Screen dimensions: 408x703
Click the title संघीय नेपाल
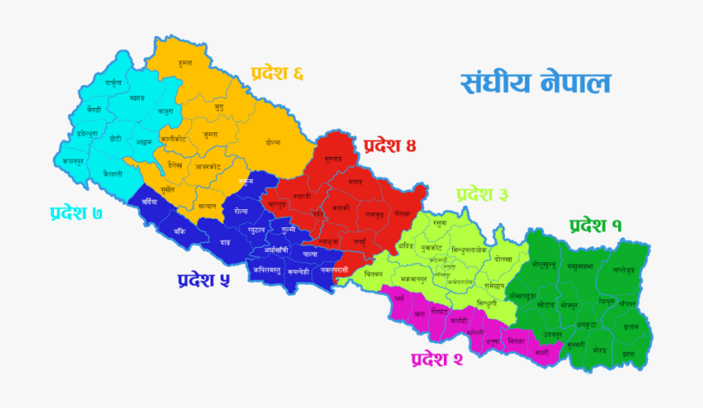pyautogui.click(x=535, y=83)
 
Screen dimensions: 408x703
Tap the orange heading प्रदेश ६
pyautogui.click(x=277, y=74)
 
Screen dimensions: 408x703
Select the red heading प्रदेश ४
pyautogui.click(x=390, y=146)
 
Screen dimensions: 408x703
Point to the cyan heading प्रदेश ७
pyautogui.click(x=75, y=213)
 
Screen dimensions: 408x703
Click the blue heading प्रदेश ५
pyautogui.click(x=203, y=280)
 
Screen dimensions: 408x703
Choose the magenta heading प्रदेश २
pyautogui.click(x=437, y=359)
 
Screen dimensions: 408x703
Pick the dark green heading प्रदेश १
pyautogui.click(x=595, y=225)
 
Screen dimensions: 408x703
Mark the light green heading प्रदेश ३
pyautogui.click(x=482, y=195)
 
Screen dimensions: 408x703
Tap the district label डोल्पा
pyautogui.click(x=273, y=142)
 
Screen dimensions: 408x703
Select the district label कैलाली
pyautogui.click(x=113, y=174)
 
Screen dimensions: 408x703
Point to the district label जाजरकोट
pyautogui.click(x=208, y=167)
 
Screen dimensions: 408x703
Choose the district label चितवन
pyautogui.click(x=374, y=272)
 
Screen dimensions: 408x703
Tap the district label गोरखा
pyautogui.click(x=401, y=213)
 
